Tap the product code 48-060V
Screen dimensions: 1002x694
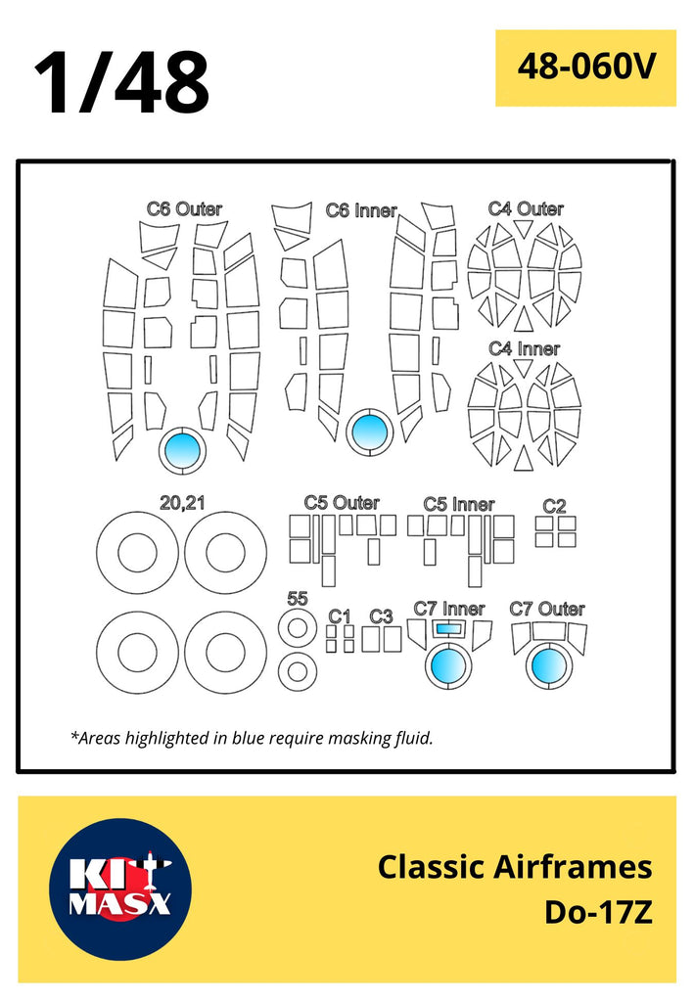point(585,68)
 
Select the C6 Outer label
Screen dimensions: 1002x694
point(184,208)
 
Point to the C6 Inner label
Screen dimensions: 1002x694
point(361,209)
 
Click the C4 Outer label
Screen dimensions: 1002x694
point(526,208)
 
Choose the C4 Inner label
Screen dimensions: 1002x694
point(525,349)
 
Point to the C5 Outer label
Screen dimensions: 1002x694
point(342,503)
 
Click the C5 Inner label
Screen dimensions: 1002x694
point(459,504)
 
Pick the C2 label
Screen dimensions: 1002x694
point(554,505)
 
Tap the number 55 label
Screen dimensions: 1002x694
point(298,599)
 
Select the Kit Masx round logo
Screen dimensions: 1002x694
point(119,888)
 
